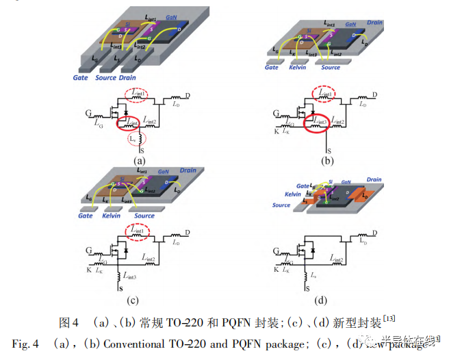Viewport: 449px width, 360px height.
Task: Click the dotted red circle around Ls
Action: click(135, 139)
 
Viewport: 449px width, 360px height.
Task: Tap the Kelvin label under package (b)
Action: click(297, 68)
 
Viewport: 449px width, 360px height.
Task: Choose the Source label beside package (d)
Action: click(282, 205)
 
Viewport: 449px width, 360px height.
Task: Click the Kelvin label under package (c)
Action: click(110, 216)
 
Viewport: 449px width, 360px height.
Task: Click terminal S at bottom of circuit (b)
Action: click(330, 151)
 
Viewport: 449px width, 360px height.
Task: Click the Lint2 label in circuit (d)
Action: click(336, 259)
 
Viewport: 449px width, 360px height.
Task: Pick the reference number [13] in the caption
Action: click(389, 318)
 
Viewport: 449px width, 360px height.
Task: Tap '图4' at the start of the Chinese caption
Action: click(70, 322)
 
